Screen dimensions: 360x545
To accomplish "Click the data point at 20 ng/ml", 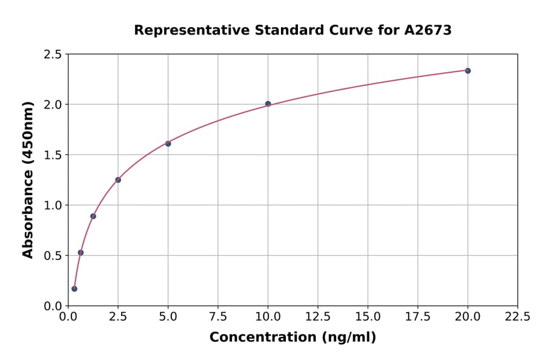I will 467,71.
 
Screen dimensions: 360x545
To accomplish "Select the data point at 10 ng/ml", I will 268,104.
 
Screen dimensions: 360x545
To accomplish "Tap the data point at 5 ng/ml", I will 168,144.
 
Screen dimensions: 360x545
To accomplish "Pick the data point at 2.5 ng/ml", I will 118,180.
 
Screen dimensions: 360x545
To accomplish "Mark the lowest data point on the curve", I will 74,288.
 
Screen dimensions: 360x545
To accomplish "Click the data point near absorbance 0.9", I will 93,216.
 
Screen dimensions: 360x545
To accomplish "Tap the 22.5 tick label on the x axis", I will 518,317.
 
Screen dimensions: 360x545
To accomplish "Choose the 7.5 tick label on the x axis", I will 218,317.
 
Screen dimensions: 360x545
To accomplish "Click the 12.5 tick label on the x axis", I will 318,317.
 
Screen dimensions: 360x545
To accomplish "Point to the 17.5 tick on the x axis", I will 418,317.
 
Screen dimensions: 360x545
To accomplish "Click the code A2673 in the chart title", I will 428,30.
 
